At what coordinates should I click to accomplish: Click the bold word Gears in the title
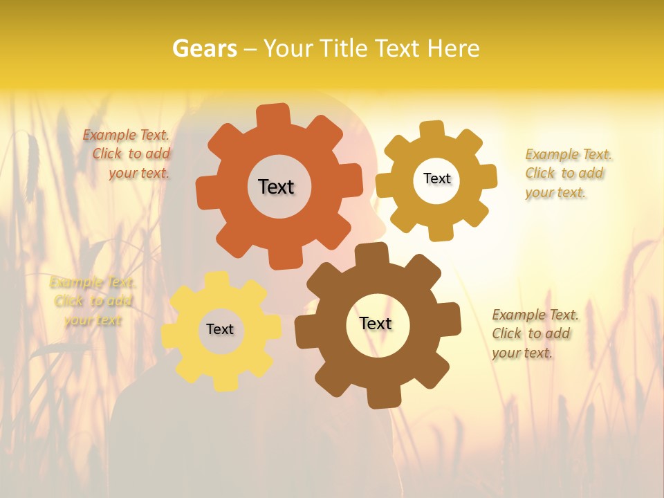point(204,48)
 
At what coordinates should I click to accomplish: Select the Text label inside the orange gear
point(276,187)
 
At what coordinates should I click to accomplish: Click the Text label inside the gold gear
point(436,178)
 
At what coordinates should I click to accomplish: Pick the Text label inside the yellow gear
point(220,329)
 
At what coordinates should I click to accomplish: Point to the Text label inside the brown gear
point(376,323)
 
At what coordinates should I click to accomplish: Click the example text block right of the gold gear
point(567,173)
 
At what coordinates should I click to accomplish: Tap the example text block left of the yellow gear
point(92,301)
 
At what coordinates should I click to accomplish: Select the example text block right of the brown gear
point(534,333)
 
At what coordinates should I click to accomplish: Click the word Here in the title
point(454,48)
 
